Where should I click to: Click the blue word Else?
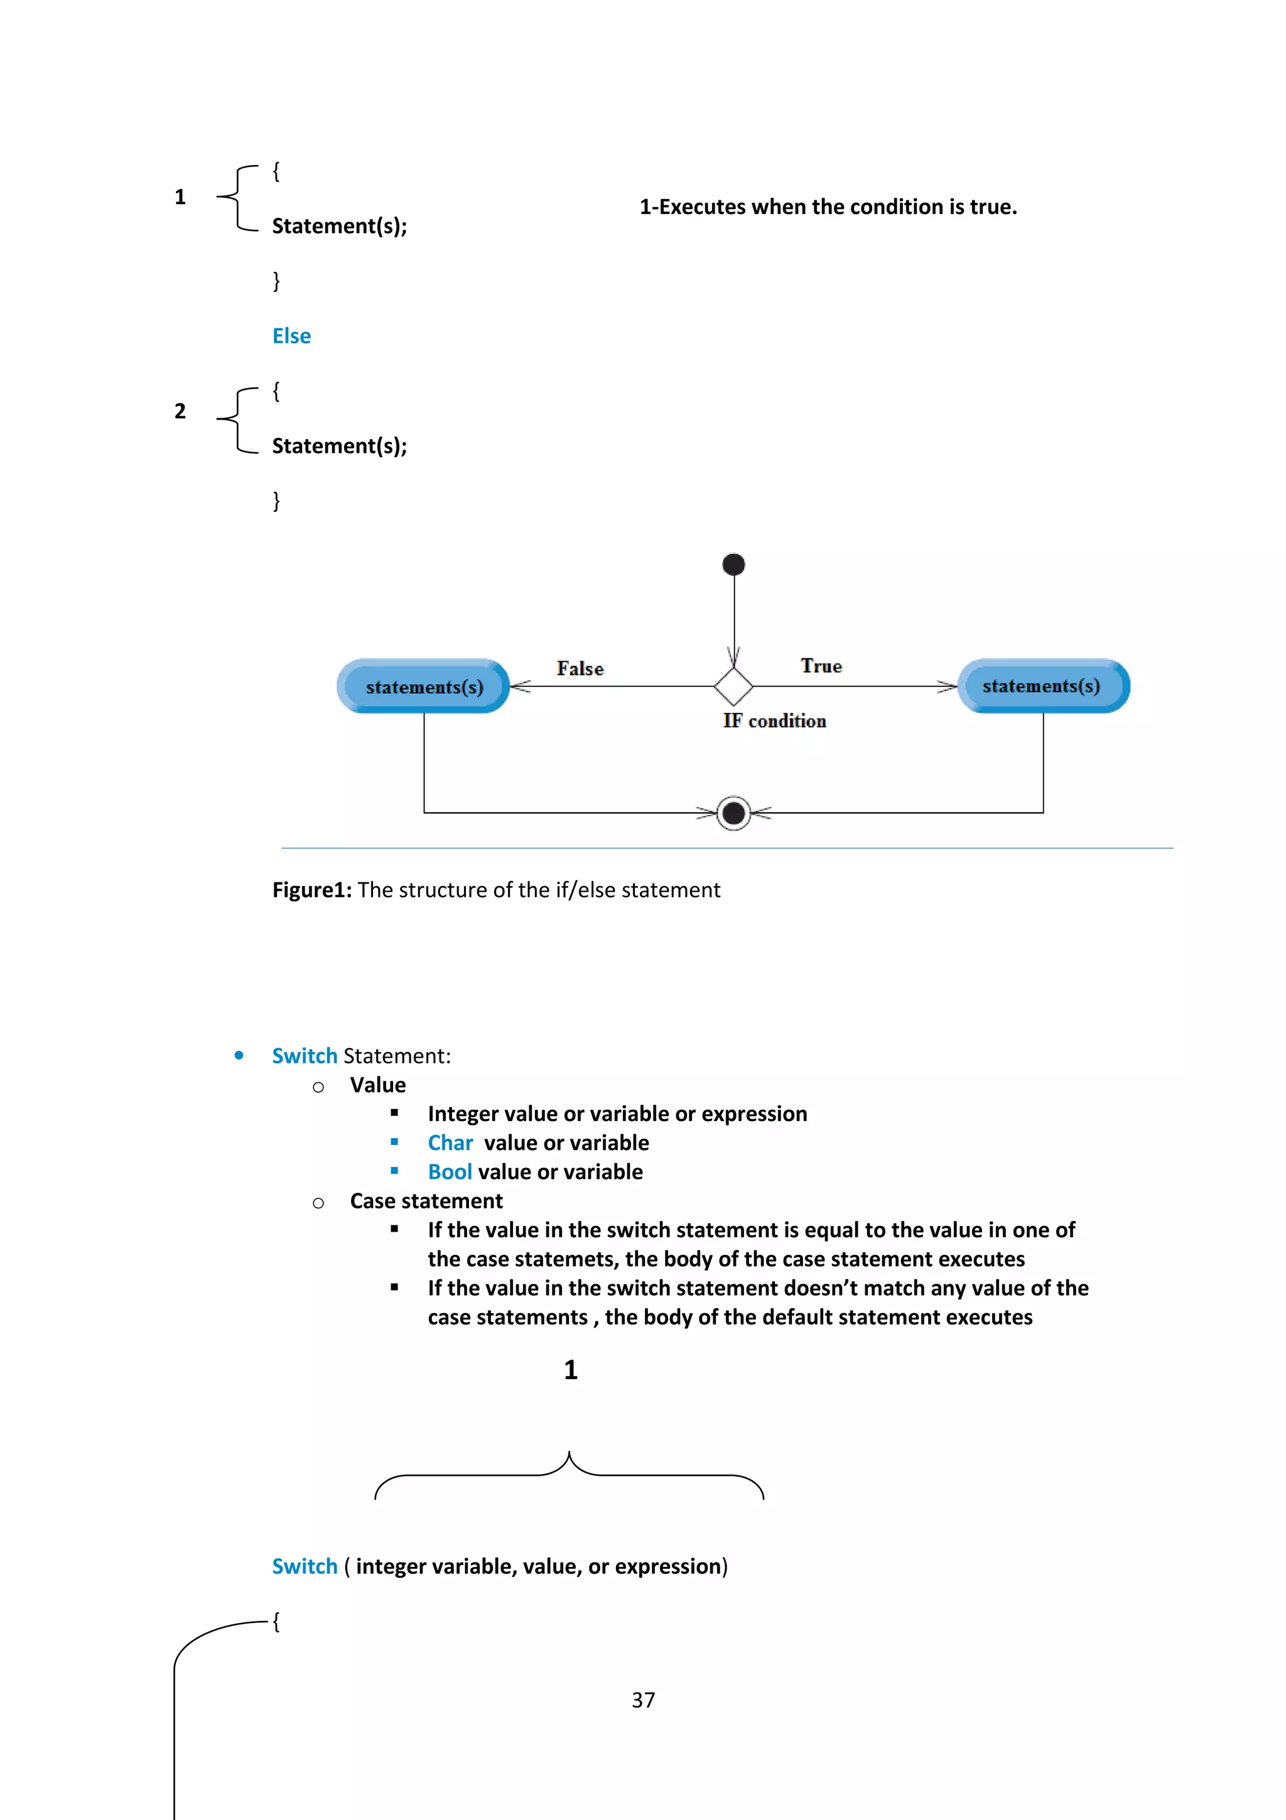(x=291, y=336)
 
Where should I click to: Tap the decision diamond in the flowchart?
(x=733, y=686)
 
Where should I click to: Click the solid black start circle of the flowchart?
(x=733, y=565)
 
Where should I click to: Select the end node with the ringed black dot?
(x=733, y=813)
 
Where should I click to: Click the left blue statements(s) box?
(x=423, y=686)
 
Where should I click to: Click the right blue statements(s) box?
(x=1043, y=686)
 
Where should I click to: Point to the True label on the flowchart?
(x=821, y=666)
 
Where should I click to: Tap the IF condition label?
(x=774, y=720)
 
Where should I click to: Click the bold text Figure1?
(x=311, y=890)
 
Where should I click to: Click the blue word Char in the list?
(x=450, y=1143)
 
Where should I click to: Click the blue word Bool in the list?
(x=449, y=1172)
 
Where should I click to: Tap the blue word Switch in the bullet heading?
(x=305, y=1056)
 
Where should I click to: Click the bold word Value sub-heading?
(x=378, y=1085)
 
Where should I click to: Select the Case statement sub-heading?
(x=426, y=1201)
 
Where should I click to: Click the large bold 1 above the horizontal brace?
(x=571, y=1370)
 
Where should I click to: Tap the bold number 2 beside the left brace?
(x=180, y=411)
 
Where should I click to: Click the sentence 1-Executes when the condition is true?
(x=828, y=207)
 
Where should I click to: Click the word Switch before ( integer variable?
(x=305, y=1566)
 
